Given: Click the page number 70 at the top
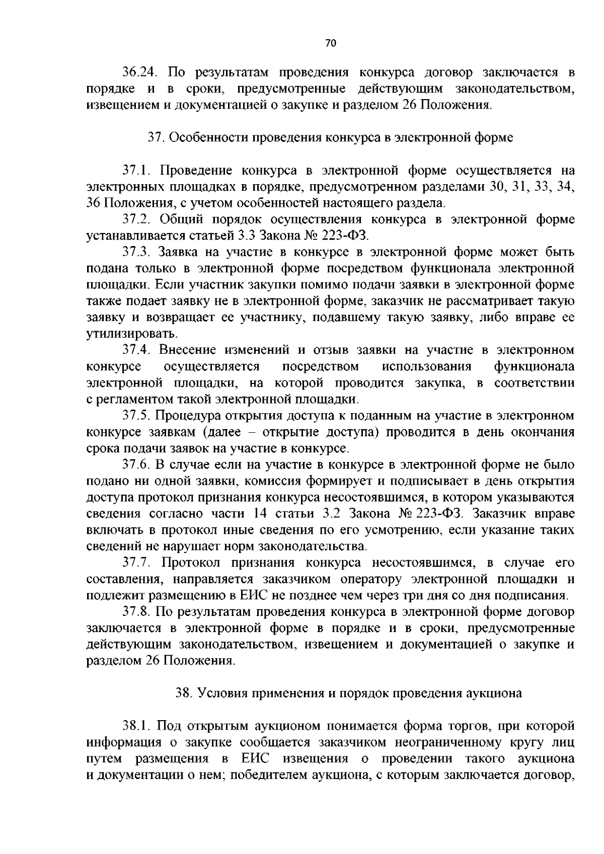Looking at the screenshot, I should [330, 43].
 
